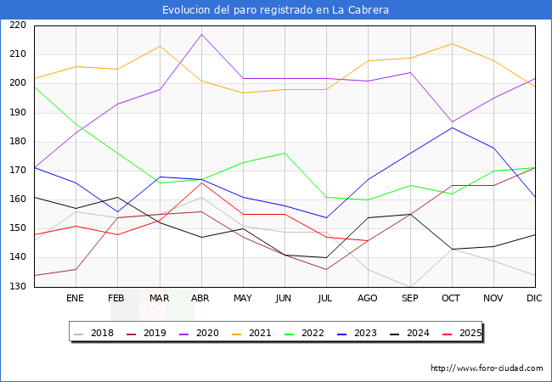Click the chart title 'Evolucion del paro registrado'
(x=276, y=10)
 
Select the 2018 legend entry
(x=95, y=334)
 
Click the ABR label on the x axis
(x=200, y=299)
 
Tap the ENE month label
(x=76, y=299)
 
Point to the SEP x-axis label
(x=409, y=299)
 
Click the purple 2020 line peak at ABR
(x=201, y=34)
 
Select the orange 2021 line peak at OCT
(x=452, y=43)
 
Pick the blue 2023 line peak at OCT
(x=452, y=127)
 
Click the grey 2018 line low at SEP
(x=410, y=287)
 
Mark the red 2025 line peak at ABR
(x=201, y=183)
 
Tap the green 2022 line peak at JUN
(x=284, y=153)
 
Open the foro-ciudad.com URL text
(x=487, y=368)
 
